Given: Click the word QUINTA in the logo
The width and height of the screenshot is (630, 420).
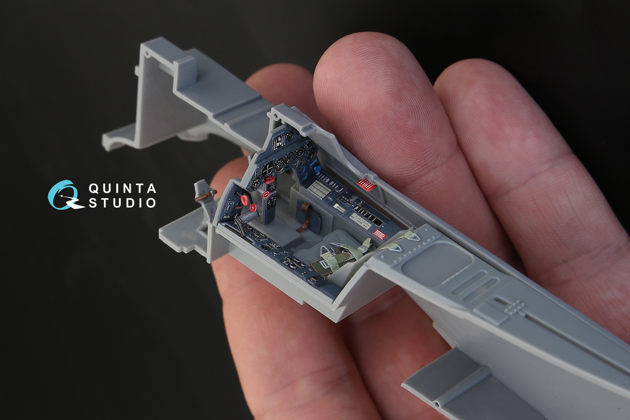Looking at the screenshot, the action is pyautogui.click(x=122, y=188).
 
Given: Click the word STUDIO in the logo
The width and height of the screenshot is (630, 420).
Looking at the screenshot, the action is pyautogui.click(x=122, y=203).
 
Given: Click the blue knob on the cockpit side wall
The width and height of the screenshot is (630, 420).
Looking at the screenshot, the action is pyautogui.click(x=317, y=169).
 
